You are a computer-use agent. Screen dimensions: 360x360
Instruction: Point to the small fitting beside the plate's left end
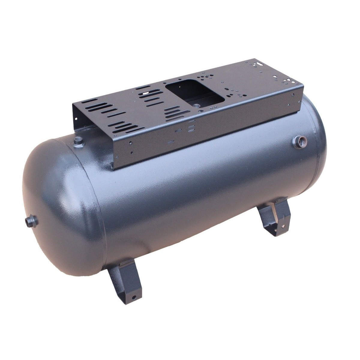coord(78,139)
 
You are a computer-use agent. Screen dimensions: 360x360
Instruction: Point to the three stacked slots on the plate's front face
coord(191,125)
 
